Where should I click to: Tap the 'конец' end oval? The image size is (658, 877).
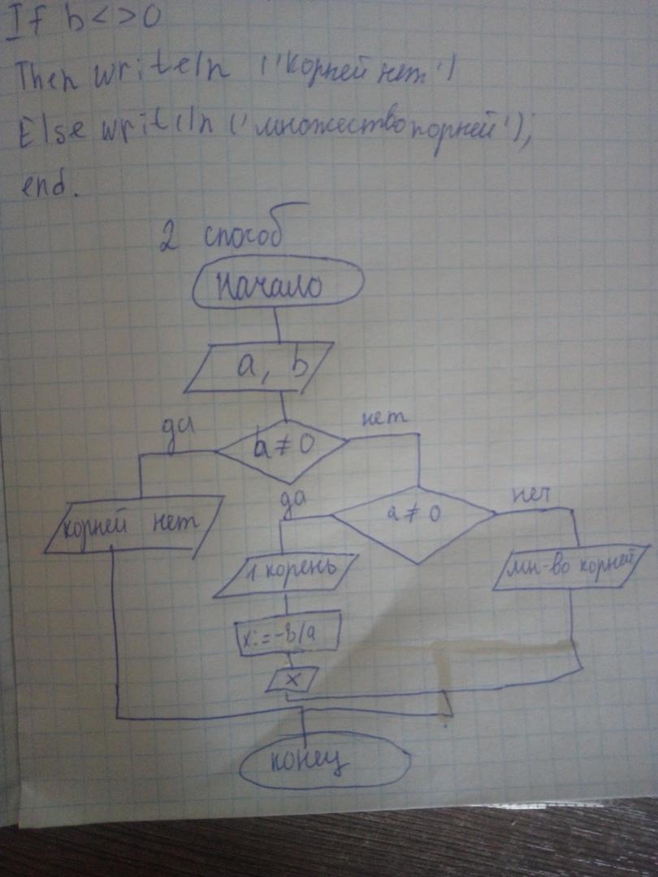pos(325,761)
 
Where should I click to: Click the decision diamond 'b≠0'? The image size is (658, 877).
pos(281,449)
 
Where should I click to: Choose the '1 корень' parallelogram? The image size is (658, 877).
pos(286,576)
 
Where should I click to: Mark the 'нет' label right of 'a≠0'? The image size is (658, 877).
pos(532,494)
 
